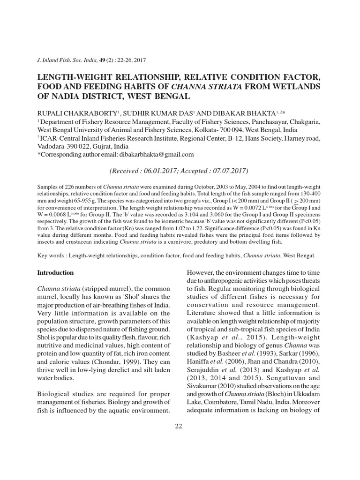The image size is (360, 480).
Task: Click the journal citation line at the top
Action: click(x=91, y=60)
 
